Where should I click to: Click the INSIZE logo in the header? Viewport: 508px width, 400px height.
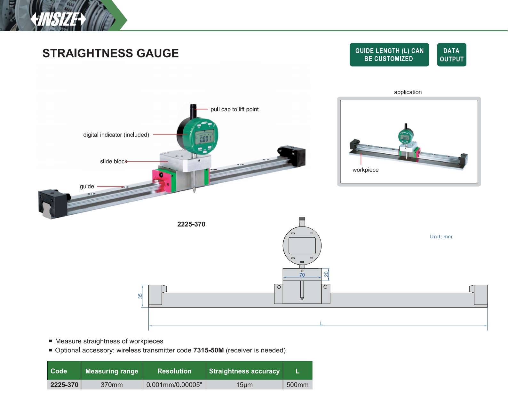point(58,19)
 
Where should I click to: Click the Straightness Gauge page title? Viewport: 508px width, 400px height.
point(110,53)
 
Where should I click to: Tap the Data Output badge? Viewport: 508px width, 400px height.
point(451,55)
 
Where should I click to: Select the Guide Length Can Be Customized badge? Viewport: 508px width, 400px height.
point(389,55)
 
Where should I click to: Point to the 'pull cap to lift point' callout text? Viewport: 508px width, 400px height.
point(234,109)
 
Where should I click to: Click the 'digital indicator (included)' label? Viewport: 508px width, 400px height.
point(116,135)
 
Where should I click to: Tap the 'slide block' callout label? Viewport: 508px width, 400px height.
point(114,162)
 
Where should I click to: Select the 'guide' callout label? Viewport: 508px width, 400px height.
point(87,187)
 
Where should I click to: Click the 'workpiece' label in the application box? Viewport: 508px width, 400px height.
point(365,170)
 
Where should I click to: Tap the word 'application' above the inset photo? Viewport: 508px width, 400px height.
point(408,92)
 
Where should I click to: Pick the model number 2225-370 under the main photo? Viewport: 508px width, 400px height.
point(191,224)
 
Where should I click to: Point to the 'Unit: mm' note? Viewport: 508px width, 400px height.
point(441,237)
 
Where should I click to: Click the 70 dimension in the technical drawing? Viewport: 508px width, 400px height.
point(302,275)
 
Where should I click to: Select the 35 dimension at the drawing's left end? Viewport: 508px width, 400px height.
point(140,296)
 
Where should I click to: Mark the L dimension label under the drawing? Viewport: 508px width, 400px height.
point(321,324)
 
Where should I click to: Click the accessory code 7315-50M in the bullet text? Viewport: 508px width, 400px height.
point(208,350)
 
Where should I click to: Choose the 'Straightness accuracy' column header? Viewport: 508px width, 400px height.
point(244,371)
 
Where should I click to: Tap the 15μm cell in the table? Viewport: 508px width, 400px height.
point(244,385)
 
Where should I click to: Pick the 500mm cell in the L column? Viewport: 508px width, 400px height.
point(297,385)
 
